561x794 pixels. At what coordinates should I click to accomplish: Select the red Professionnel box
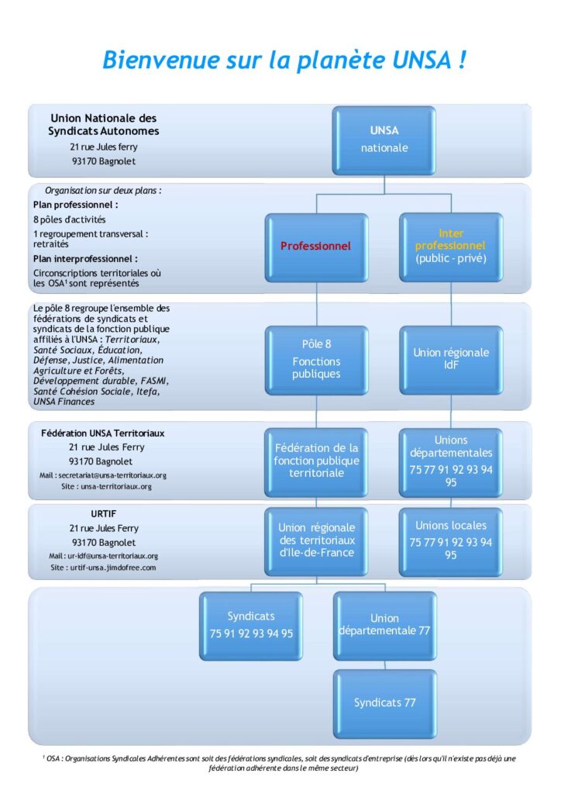(315, 246)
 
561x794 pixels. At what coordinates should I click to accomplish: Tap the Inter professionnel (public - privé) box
(451, 246)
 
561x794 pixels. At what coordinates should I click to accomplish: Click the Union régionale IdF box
(451, 358)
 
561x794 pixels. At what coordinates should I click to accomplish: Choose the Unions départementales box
(451, 461)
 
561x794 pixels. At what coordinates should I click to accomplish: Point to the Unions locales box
(451, 540)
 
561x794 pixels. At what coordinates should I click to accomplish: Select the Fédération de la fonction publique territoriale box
(315, 461)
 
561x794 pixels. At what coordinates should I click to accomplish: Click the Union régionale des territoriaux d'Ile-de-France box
(315, 540)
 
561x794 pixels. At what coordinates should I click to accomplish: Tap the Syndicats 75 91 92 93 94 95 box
(251, 625)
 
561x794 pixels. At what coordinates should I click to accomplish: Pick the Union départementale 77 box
(384, 625)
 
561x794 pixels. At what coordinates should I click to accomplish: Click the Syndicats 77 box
(384, 703)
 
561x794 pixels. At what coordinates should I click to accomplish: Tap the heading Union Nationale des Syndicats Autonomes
(104, 125)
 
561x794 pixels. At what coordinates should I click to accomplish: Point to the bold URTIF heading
(103, 513)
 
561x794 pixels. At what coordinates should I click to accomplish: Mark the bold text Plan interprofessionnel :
(85, 259)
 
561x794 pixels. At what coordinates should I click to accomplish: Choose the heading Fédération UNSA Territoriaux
(103, 433)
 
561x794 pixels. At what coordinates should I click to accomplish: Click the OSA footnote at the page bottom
(280, 762)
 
